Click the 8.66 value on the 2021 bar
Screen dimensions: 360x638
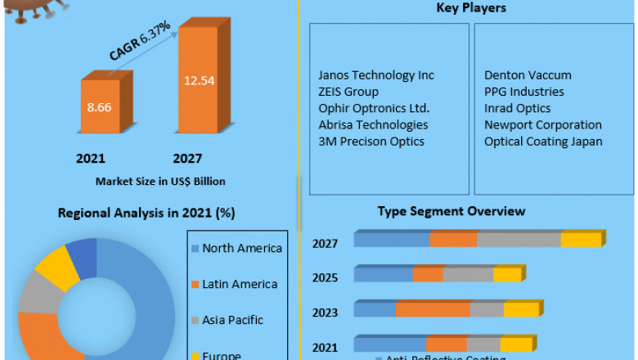[x=99, y=106]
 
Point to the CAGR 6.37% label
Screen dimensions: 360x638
[x=140, y=41]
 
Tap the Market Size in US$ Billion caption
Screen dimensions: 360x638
[x=160, y=181]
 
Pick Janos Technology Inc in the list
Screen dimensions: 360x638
[x=376, y=75]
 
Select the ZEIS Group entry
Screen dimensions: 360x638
[x=348, y=92]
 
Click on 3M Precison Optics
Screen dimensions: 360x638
[x=371, y=142]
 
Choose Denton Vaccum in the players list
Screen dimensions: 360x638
[x=528, y=75]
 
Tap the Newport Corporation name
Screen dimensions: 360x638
[x=542, y=125]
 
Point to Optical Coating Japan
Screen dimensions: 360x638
[x=543, y=142]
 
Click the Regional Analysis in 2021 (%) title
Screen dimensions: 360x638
[x=146, y=213]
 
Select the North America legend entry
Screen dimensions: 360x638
[x=241, y=249]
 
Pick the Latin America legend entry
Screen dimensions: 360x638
[x=240, y=285]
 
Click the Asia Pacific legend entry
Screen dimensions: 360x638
[x=231, y=320]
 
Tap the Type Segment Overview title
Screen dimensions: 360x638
[x=451, y=211]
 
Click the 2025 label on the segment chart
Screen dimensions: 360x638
[x=325, y=277]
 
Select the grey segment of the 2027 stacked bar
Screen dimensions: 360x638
[x=519, y=240]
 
